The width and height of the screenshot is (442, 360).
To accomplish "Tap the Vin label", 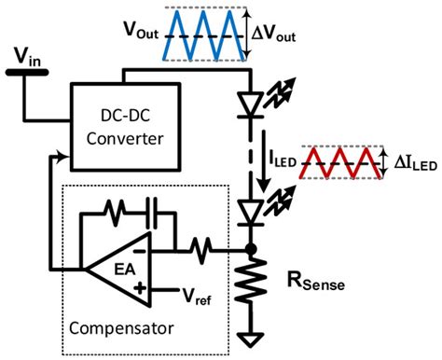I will (27, 61).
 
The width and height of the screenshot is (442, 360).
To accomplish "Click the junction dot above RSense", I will (251, 249).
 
